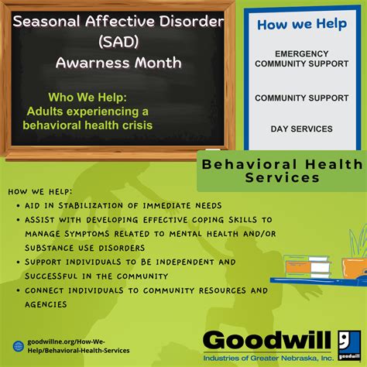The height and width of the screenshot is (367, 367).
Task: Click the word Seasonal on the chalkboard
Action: (x=46, y=21)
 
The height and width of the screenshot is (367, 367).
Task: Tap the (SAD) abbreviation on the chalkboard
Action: (x=118, y=42)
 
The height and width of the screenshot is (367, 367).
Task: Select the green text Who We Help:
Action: (x=87, y=98)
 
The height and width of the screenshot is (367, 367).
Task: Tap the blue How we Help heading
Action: (x=302, y=24)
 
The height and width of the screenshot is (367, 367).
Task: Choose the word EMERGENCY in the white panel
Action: (x=302, y=53)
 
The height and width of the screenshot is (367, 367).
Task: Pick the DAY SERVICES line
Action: (x=301, y=129)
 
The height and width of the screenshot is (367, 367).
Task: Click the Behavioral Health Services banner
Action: (x=282, y=171)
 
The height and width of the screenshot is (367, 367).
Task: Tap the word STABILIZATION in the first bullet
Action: (x=91, y=206)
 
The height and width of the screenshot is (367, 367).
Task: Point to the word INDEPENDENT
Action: (x=185, y=262)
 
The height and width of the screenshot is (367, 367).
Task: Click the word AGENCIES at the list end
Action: (x=46, y=304)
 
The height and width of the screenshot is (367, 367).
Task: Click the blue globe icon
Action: (x=19, y=346)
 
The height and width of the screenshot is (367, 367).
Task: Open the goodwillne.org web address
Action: (x=78, y=346)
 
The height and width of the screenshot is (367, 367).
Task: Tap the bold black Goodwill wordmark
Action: (x=266, y=340)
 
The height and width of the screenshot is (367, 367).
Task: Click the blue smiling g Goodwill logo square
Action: (x=349, y=345)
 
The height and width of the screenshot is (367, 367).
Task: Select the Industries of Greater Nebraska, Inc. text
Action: (x=269, y=358)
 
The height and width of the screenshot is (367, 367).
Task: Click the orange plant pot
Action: (x=355, y=268)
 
